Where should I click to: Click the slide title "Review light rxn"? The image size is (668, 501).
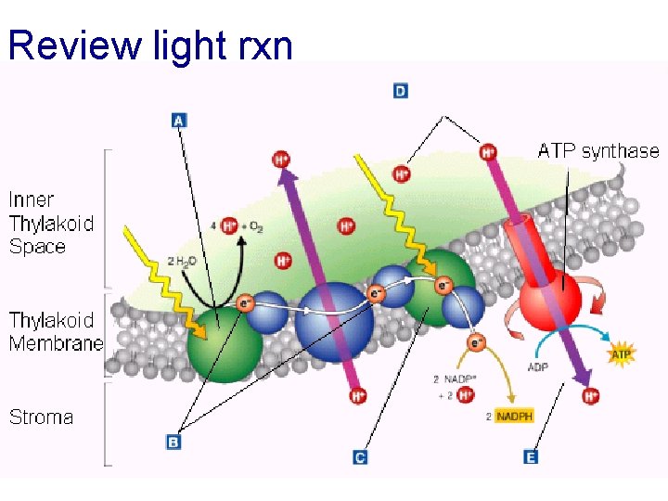tap(150, 44)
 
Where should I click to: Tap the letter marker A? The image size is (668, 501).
tap(180, 120)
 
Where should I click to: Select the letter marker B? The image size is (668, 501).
tap(173, 443)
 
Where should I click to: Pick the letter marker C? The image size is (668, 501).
tap(361, 456)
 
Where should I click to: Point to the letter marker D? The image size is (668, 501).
tap(401, 90)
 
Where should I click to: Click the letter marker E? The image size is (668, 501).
tap(530, 456)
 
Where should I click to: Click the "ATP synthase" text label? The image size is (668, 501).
tap(598, 150)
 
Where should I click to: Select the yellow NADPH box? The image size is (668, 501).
tap(515, 417)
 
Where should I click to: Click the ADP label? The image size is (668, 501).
tap(538, 367)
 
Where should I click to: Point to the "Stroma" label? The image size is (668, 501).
tap(41, 417)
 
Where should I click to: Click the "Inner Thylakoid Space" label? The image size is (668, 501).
tap(51, 223)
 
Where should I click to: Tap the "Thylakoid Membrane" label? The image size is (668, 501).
tap(55, 331)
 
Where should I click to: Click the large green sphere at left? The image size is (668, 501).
tap(225, 342)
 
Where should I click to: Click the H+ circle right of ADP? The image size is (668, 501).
tap(590, 396)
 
